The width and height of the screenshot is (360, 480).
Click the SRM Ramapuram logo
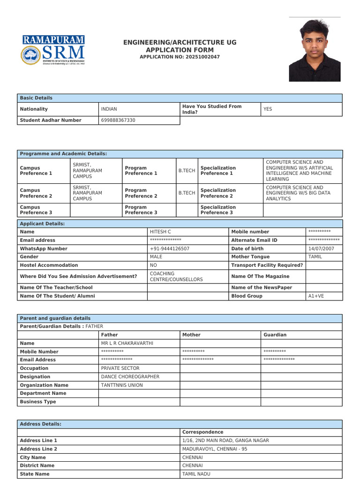pos(53,50)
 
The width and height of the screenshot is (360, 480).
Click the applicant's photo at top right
pos(315,50)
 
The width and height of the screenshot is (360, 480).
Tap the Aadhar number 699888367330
pos(118,120)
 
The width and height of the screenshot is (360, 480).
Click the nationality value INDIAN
pos(109,109)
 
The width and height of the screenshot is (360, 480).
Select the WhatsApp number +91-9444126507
pos(170,248)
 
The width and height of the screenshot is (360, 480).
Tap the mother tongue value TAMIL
pos(315,257)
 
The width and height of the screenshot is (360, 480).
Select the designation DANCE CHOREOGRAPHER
pos(130,377)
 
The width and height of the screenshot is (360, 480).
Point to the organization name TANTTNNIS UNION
pos(122,385)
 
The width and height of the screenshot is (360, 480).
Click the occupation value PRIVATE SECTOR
pos(120,368)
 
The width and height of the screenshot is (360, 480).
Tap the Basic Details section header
pos(37,98)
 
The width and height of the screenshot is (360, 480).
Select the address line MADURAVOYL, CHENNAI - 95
pos(215,449)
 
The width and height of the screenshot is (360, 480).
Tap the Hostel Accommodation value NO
pos(153,265)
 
